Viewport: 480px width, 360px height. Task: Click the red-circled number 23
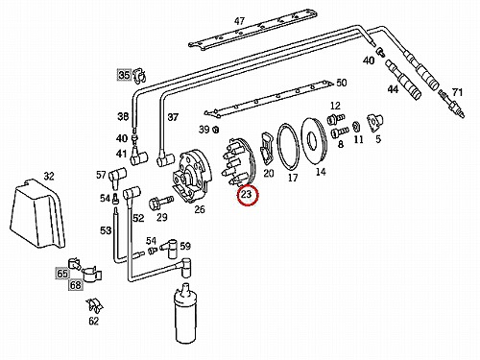247,194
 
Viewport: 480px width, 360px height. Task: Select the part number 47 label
239,21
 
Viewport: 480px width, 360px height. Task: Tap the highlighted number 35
124,75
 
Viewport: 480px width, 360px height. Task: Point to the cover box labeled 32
37,214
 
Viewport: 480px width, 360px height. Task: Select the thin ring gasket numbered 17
288,147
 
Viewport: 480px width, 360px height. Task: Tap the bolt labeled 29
161,202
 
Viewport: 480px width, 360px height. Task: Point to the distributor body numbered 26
190,177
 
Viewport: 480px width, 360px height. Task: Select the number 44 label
393,89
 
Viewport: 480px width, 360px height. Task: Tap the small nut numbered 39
215,130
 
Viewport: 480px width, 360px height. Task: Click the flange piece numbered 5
374,122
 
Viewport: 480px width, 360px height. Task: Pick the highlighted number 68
76,284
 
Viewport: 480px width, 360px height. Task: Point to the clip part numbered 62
95,306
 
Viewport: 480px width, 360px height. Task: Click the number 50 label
342,83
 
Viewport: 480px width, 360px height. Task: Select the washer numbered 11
355,127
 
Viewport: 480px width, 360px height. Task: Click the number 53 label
106,230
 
